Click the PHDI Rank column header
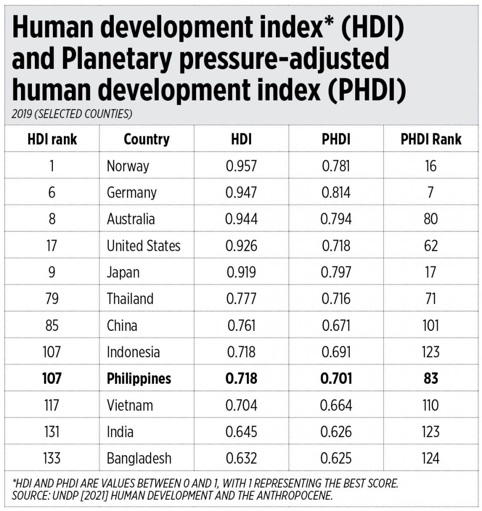(431, 139)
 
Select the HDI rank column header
(52, 139)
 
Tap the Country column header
(147, 140)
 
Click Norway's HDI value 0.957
(241, 166)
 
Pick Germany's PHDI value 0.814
(336, 192)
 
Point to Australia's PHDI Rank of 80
(431, 219)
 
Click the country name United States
(143, 246)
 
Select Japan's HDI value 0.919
(241, 272)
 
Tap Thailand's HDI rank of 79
(52, 298)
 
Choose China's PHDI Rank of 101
(431, 325)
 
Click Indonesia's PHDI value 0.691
(336, 352)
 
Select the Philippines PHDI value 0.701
(336, 378)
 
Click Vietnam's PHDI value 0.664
(336, 405)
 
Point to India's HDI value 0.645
(241, 432)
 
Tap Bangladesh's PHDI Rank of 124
(431, 458)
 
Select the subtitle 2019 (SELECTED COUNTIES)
(72, 114)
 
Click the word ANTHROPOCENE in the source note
(294, 496)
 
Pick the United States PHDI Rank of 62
(431, 246)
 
